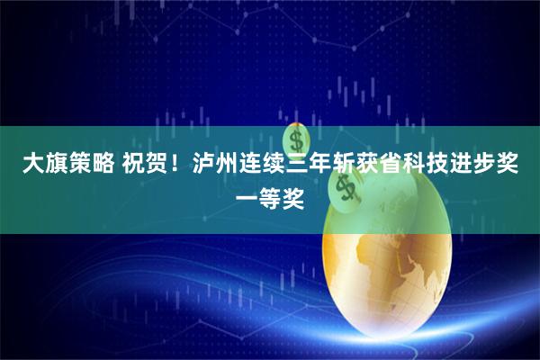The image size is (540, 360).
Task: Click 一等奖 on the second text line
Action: click(x=270, y=193)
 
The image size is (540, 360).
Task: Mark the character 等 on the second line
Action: click(x=270, y=193)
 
